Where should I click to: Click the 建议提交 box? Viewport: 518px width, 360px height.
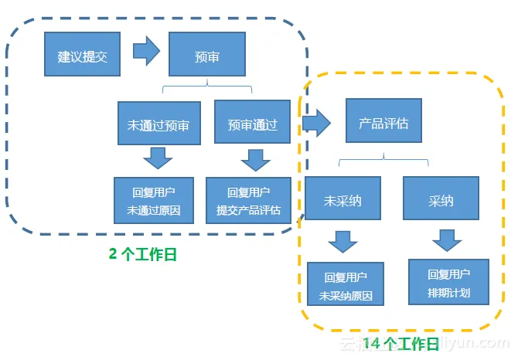[x=83, y=56]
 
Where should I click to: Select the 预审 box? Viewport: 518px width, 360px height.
[x=206, y=56]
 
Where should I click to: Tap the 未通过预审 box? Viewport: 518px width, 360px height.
[x=158, y=124]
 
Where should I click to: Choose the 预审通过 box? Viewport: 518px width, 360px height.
[x=252, y=124]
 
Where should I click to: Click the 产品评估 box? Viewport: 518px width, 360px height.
[x=383, y=122]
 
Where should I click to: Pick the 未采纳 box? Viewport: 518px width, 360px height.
[x=342, y=200]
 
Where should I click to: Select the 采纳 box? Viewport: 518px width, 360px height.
[x=441, y=200]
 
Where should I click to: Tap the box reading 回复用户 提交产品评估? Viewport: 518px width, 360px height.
[x=249, y=200]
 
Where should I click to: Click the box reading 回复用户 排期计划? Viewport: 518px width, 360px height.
[x=448, y=283]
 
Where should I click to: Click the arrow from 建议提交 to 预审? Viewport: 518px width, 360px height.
[x=145, y=52]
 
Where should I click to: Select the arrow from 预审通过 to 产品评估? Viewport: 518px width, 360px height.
[x=316, y=121]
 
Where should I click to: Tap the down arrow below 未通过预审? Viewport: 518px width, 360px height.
[x=158, y=159]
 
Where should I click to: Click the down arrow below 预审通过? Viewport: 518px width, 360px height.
[x=254, y=160]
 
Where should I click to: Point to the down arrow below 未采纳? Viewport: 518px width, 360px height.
[x=342, y=241]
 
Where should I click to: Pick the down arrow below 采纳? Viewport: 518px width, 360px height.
[x=447, y=240]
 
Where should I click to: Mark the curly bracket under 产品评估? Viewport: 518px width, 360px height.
[x=384, y=159]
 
